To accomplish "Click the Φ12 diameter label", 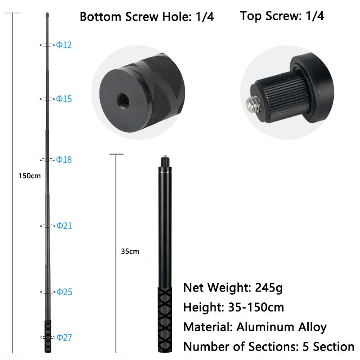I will (64, 45).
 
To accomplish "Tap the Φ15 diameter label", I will (64, 99).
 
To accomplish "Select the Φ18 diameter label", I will (64, 160).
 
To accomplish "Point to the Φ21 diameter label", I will (64, 225).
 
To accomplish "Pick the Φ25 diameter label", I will (64, 292).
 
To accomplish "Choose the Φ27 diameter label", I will (64, 337).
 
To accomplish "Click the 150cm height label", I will (29, 175).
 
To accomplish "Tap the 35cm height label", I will (130, 252).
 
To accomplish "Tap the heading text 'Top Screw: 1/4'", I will (282, 16).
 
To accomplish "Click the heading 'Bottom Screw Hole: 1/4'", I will (147, 17).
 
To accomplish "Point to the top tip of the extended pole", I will (47, 16).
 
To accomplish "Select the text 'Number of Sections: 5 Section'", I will (269, 347).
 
